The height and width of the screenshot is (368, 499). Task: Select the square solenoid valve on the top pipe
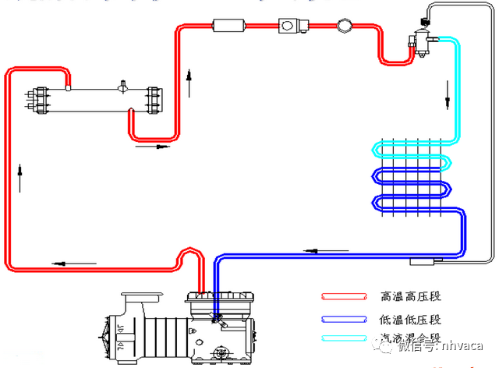(x=289, y=26)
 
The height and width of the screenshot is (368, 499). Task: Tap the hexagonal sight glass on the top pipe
(x=345, y=26)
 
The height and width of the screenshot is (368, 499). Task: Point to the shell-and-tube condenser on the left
(x=94, y=99)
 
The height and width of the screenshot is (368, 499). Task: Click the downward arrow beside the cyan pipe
(x=448, y=102)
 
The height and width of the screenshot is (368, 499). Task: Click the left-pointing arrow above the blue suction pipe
(x=310, y=251)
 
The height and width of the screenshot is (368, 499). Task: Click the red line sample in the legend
(x=344, y=297)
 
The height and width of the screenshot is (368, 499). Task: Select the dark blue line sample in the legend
(x=344, y=318)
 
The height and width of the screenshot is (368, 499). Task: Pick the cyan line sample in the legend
(x=344, y=338)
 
